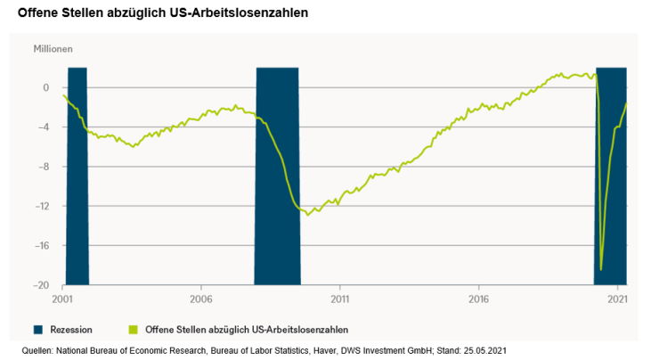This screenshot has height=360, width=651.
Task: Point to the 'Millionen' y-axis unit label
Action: (53, 49)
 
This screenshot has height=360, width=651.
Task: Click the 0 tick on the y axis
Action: (45, 87)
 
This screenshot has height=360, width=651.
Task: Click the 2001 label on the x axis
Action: (63, 299)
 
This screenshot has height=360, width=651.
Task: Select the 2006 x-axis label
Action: (201, 299)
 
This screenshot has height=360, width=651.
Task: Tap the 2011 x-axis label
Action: (339, 299)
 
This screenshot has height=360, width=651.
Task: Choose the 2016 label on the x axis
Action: (478, 299)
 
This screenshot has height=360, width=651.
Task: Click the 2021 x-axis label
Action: (616, 299)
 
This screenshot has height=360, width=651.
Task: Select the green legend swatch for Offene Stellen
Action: (134, 329)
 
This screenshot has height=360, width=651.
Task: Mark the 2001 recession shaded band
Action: (77, 178)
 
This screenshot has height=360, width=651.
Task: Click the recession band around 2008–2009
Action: (277, 178)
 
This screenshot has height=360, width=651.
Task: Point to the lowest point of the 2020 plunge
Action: (601, 269)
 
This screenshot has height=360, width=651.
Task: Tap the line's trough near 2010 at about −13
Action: (307, 215)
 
